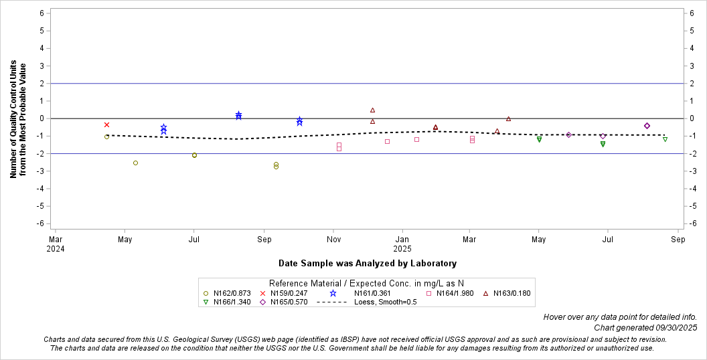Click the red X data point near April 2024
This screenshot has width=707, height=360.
tap(106, 124)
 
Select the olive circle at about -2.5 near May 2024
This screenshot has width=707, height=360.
tap(135, 163)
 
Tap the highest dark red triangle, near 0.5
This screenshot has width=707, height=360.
tap(372, 110)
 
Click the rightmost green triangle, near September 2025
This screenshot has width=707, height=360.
tap(665, 139)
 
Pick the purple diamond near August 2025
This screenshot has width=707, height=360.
tap(647, 126)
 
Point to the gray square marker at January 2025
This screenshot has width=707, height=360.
tap(416, 139)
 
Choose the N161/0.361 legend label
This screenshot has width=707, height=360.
tap(372, 293)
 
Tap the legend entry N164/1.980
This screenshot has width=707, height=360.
tap(455, 293)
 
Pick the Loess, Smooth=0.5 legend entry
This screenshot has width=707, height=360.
tap(384, 302)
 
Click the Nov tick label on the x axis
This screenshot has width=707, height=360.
tap(333, 239)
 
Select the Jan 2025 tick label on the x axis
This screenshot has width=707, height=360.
tap(402, 243)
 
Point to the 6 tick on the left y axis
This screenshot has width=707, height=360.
tap(42, 13)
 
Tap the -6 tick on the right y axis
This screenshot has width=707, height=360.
tap(694, 223)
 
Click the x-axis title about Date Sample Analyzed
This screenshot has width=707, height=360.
tap(367, 264)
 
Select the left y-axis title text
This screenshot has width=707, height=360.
tap(18, 120)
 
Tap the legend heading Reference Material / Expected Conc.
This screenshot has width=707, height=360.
tap(366, 283)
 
